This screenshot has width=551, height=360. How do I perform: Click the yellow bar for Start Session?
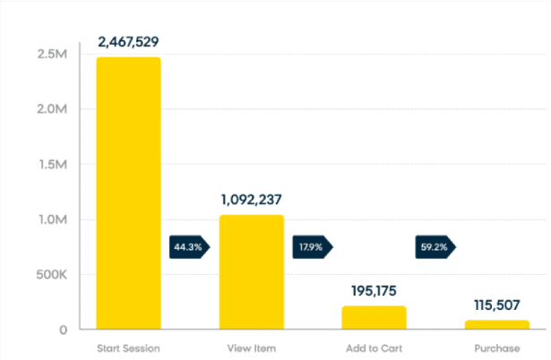tap(129, 193)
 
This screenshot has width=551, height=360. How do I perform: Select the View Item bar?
tap(252, 272)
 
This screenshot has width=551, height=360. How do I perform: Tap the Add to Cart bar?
tap(375, 318)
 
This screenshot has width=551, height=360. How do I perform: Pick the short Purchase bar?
tap(497, 324)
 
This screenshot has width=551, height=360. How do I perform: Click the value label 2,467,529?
tap(128, 42)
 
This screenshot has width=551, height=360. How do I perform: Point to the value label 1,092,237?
tap(251, 200)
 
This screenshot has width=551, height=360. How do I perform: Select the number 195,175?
tap(374, 291)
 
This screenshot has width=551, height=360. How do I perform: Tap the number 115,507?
tap(497, 304)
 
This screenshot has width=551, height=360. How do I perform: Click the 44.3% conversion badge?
tap(189, 247)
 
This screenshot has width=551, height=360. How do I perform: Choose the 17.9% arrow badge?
tap(313, 247)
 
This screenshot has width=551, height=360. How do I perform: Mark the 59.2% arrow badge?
tap(435, 247)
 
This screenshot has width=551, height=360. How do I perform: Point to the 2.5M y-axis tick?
tap(52, 54)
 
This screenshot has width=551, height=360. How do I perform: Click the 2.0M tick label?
tap(52, 109)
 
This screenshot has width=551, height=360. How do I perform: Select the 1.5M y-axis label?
tap(53, 165)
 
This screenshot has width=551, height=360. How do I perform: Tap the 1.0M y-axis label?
tap(53, 219)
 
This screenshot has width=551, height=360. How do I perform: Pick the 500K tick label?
tap(51, 275)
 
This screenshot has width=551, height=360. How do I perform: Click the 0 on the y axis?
tap(64, 330)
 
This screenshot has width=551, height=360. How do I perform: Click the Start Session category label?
tap(128, 348)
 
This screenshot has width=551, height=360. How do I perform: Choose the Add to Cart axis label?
tap(374, 348)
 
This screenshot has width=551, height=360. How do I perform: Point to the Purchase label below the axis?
tap(497, 348)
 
